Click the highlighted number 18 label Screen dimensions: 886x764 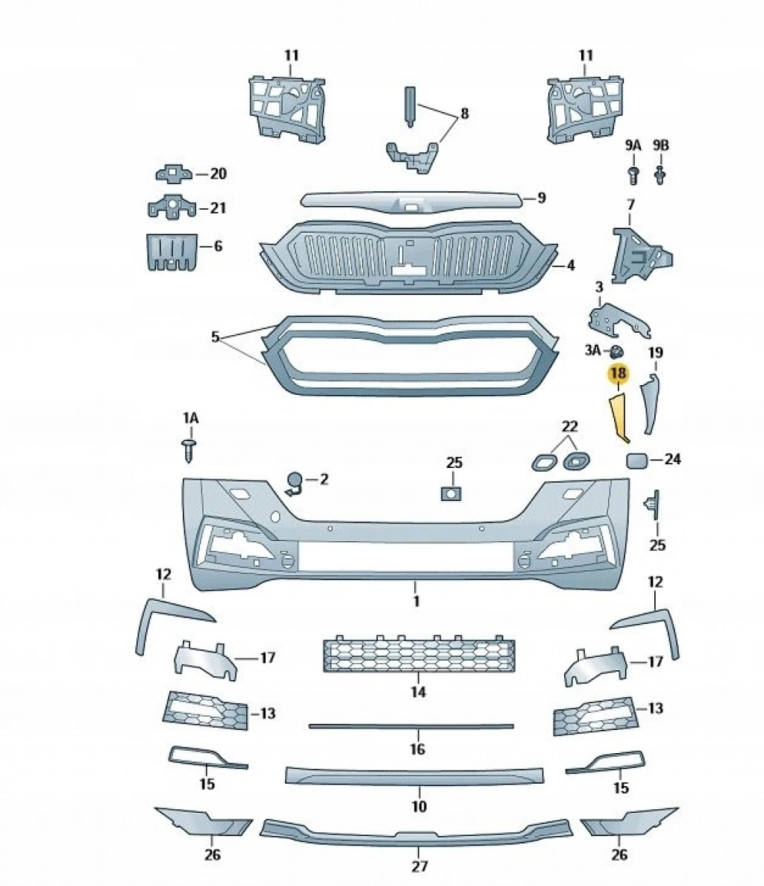click(x=619, y=372)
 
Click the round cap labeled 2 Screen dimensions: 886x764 click(x=295, y=481)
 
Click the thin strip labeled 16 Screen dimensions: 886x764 click(x=411, y=726)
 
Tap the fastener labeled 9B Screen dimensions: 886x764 click(x=660, y=175)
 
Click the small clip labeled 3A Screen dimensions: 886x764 click(x=617, y=351)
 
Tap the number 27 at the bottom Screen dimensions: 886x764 click(x=419, y=867)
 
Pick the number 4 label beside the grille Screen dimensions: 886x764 click(x=570, y=265)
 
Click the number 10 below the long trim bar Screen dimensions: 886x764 click(x=419, y=806)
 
